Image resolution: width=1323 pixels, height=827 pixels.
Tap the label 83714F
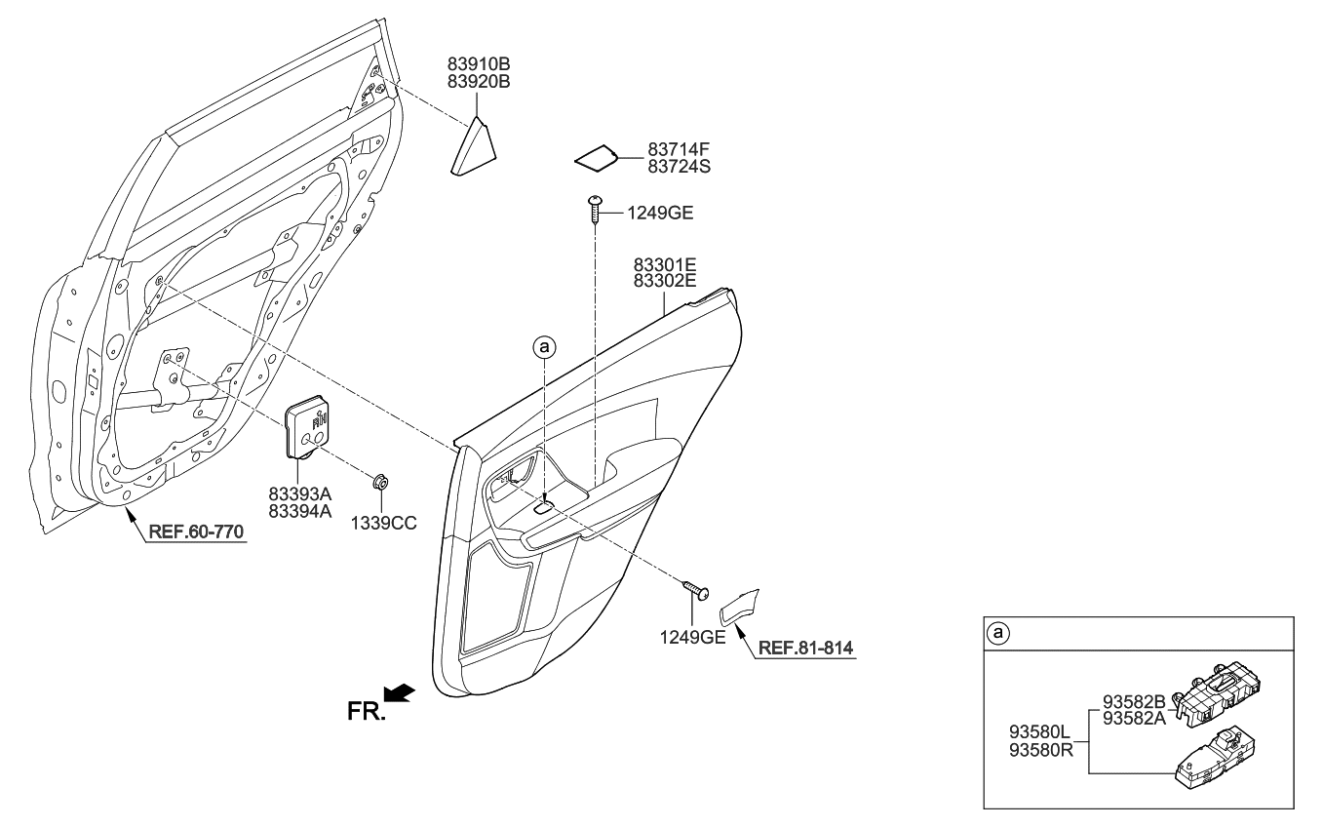tap(680, 150)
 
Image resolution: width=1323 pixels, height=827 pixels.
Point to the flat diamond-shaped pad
tap(596, 157)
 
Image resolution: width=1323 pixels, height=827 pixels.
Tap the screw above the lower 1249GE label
tap(696, 589)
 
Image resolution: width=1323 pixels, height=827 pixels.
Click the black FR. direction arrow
tap(402, 692)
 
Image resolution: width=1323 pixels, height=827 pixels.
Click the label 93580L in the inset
tap(1039, 729)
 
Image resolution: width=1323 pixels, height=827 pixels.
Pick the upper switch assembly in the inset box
tap(1215, 694)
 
